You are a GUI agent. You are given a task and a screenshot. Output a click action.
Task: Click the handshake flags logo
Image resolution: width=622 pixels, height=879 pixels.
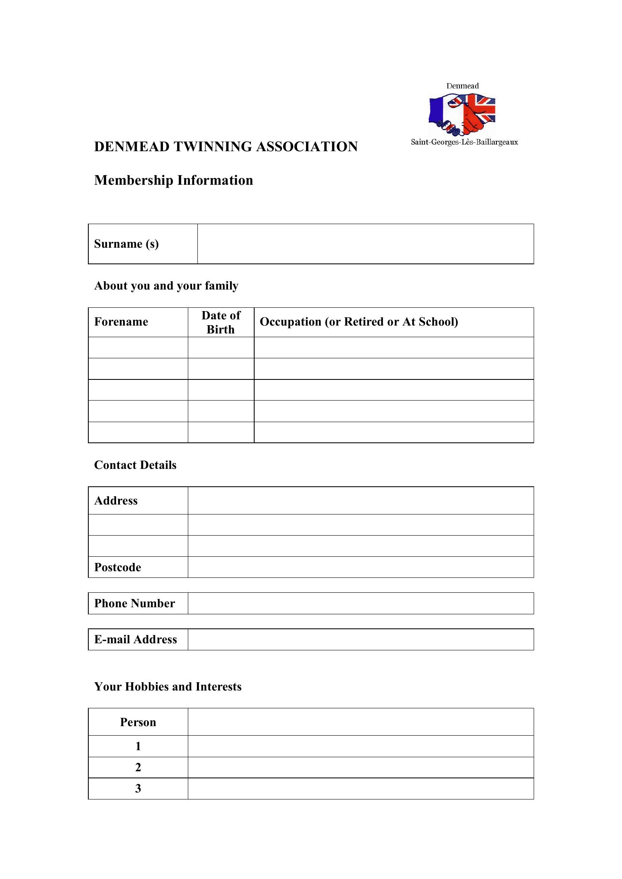[x=462, y=114]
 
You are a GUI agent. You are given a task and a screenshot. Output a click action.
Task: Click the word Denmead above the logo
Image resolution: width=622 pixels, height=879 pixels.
[x=462, y=86]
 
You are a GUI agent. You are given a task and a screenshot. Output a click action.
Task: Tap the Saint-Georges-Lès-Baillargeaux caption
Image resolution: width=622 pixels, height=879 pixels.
[x=464, y=142]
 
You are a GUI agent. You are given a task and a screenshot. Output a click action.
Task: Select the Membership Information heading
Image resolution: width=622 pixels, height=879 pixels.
[x=173, y=180]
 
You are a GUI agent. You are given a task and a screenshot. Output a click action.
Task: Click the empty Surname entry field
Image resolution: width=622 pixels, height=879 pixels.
[x=365, y=244]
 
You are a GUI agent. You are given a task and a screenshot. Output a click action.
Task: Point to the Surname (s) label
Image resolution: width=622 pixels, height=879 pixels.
[x=126, y=244]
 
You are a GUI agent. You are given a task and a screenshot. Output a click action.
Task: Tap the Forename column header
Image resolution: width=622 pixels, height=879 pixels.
[x=121, y=322]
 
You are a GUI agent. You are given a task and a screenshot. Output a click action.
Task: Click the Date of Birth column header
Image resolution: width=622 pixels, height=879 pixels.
[x=221, y=322]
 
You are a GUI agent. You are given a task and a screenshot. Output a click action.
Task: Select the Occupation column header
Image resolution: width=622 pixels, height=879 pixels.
[x=359, y=322]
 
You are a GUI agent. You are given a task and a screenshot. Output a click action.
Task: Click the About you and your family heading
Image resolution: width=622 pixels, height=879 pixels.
[x=166, y=286]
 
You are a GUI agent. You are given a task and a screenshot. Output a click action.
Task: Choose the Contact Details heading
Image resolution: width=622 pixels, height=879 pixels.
[x=135, y=465]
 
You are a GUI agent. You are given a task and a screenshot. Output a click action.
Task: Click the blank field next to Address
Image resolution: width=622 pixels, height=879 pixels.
[x=360, y=500]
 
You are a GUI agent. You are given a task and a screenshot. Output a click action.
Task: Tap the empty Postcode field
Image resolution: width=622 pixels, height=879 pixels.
[x=360, y=567]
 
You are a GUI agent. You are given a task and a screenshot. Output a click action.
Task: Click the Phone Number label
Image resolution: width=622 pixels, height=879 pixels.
[x=134, y=603]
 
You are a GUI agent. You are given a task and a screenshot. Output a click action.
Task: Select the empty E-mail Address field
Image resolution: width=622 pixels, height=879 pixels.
[x=360, y=640]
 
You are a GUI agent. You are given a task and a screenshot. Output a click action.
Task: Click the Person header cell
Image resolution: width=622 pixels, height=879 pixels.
[x=138, y=722]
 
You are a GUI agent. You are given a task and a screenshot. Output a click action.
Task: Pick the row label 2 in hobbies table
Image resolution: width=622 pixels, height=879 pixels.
[x=138, y=768]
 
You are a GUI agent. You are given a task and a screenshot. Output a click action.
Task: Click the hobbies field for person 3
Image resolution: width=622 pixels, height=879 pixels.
[x=360, y=789]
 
